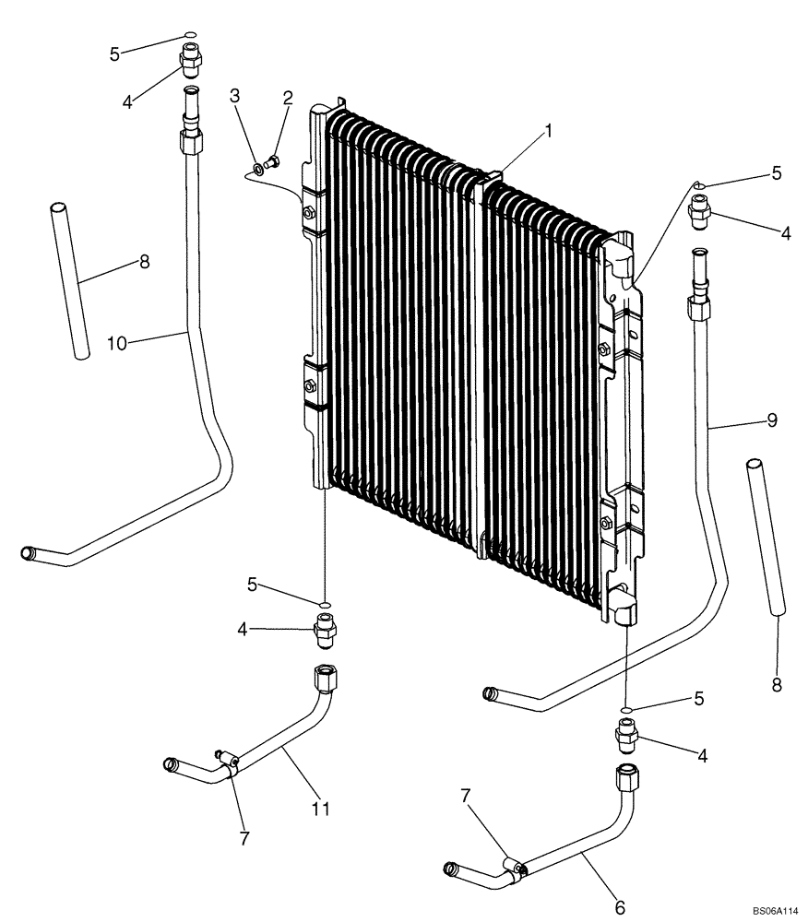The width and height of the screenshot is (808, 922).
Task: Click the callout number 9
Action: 772,420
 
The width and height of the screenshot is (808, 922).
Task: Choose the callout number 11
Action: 320,809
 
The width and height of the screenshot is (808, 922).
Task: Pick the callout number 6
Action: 620,908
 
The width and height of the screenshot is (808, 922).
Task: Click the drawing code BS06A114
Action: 775,910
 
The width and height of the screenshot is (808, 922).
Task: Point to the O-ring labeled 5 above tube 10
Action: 189,36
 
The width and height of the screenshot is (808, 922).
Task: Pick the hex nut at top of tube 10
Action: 190,143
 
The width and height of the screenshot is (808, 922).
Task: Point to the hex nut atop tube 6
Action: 624,778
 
